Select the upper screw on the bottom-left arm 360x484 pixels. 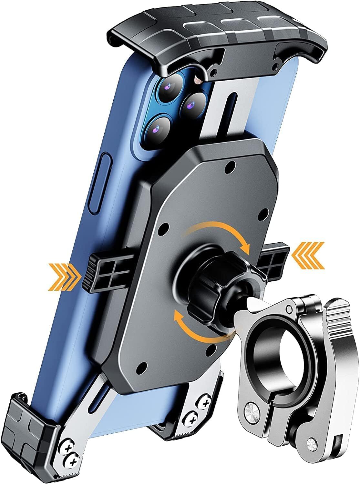[x=68, y=449]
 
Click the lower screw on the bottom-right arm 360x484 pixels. [x=193, y=420]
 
